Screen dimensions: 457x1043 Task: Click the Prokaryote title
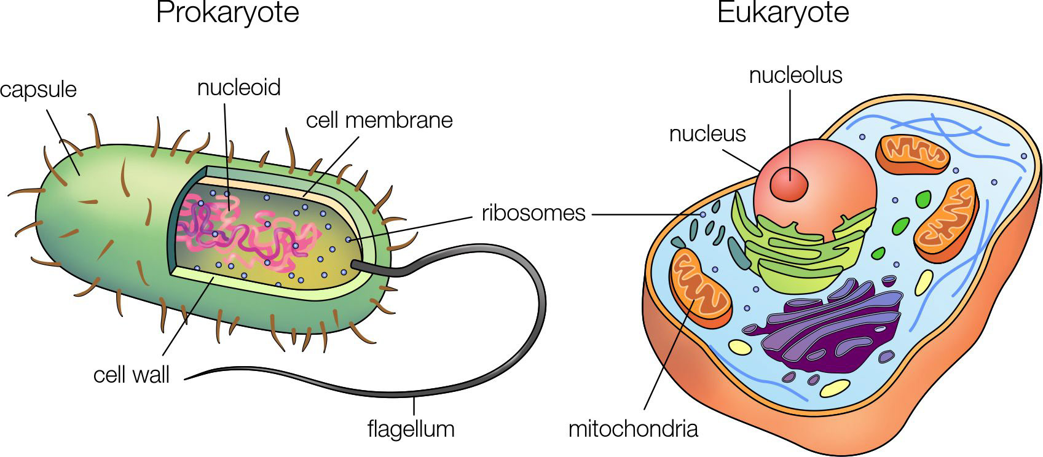point(227,13)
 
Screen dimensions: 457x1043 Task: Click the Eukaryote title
point(782,13)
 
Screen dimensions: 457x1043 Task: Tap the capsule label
point(38,90)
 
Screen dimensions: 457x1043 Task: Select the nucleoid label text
point(238,87)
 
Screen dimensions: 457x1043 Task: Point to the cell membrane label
point(379,120)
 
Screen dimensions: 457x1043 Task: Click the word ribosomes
point(533,213)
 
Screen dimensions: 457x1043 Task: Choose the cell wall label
point(131,375)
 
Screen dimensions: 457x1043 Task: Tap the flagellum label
point(411,428)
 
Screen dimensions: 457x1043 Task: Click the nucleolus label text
point(795,75)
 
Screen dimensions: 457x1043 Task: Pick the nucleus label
point(707,134)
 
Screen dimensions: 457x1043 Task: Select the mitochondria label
point(633,428)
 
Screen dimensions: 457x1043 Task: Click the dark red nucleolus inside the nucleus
point(790,182)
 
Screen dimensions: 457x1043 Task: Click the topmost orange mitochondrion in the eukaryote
point(913,154)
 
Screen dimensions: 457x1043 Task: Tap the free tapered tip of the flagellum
point(186,379)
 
